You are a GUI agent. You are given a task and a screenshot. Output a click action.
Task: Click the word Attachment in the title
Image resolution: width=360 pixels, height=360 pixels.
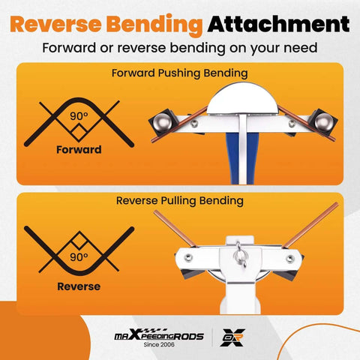278,24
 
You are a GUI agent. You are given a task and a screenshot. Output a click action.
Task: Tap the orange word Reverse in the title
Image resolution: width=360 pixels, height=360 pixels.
55,24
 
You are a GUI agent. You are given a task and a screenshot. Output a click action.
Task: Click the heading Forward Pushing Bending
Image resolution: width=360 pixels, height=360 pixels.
180,73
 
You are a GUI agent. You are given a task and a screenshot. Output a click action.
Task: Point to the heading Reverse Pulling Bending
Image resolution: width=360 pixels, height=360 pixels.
180,201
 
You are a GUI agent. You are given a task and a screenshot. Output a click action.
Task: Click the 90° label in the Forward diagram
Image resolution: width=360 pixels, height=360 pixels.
79,116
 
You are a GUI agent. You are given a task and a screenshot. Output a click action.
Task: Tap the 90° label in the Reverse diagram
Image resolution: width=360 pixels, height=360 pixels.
79,257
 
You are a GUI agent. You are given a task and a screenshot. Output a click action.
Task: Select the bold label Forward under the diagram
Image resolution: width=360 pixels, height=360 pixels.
79,150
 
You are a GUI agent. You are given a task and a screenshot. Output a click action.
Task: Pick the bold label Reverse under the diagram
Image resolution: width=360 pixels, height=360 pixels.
79,286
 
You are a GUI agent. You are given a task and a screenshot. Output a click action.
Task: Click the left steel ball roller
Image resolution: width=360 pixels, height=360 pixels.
163,122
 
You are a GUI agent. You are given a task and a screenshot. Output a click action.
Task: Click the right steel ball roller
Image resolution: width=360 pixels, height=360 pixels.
324,122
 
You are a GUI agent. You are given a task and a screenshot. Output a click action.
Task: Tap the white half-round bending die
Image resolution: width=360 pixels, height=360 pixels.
242,99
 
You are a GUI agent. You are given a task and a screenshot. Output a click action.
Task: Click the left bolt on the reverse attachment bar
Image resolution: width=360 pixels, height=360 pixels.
188,257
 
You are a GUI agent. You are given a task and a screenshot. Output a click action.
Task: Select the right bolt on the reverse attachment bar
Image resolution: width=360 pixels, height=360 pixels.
290,259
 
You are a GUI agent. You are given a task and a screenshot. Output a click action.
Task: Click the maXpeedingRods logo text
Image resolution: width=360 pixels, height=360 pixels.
159,334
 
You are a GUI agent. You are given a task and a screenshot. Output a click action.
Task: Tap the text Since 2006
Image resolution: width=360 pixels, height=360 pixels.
159,344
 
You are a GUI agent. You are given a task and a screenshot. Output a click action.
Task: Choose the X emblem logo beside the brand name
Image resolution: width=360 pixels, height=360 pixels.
232,337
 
